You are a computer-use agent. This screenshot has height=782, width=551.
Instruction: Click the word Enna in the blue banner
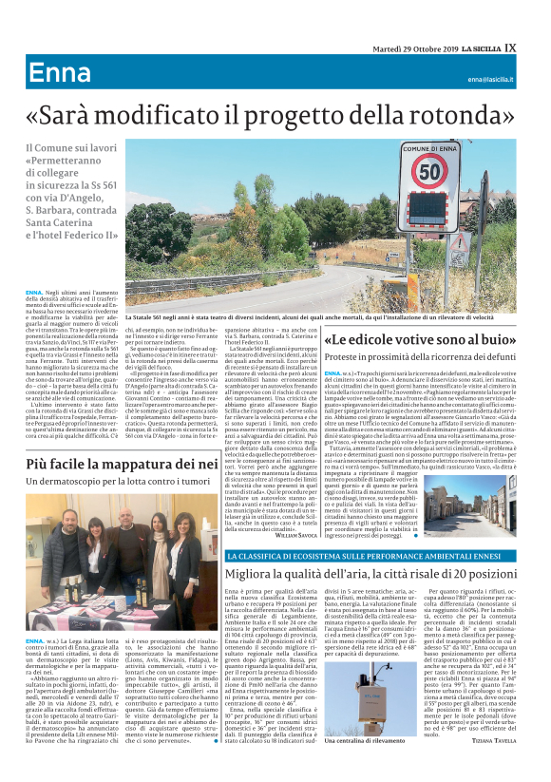(x=59, y=74)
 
